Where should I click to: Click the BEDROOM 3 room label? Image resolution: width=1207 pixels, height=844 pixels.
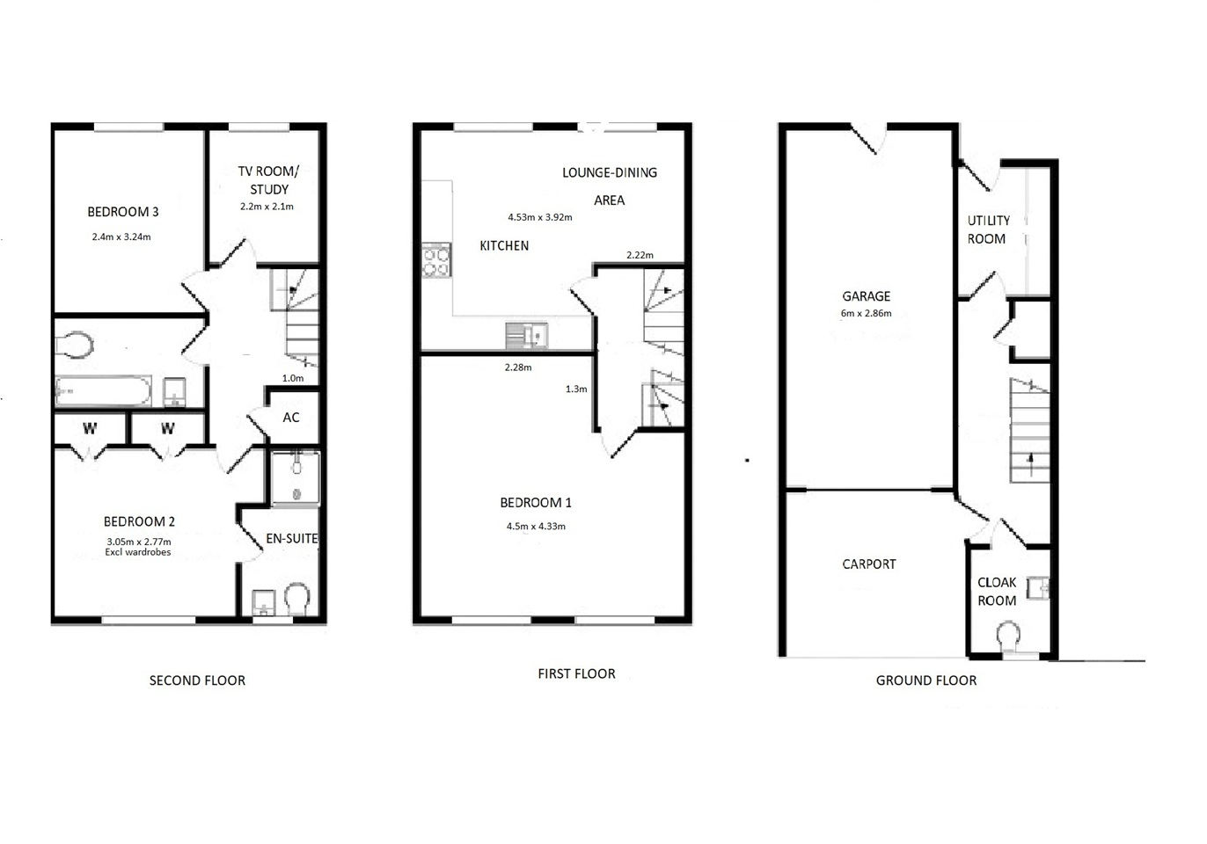pyautogui.click(x=123, y=212)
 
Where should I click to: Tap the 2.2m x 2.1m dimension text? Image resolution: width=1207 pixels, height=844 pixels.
pyautogui.click(x=267, y=207)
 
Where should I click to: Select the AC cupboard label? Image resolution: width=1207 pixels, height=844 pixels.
pyautogui.click(x=291, y=418)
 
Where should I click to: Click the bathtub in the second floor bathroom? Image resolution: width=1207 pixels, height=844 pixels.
pyautogui.click(x=103, y=390)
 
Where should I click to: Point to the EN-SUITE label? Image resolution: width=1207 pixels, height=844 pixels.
pyautogui.click(x=291, y=538)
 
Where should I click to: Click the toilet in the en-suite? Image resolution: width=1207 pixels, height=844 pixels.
pyautogui.click(x=296, y=599)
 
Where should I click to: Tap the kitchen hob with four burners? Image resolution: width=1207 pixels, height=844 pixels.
pyautogui.click(x=436, y=261)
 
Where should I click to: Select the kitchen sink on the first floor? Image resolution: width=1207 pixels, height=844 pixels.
pyautogui.click(x=526, y=336)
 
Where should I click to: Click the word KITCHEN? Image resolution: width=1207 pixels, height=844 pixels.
pyautogui.click(x=504, y=245)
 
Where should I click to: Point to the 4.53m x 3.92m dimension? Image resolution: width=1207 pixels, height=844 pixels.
pyautogui.click(x=540, y=217)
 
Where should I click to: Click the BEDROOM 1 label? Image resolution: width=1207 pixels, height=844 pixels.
pyautogui.click(x=536, y=503)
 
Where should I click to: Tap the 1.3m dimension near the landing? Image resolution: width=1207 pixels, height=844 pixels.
pyautogui.click(x=576, y=389)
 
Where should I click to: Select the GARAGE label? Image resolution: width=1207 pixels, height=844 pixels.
pyautogui.click(x=867, y=295)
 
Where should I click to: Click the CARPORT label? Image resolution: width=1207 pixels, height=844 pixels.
pyautogui.click(x=869, y=564)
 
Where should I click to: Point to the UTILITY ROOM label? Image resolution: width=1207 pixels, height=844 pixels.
pyautogui.click(x=988, y=229)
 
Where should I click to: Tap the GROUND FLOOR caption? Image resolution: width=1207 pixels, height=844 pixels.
pyautogui.click(x=926, y=680)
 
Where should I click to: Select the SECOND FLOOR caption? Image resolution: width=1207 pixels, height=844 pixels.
pyautogui.click(x=197, y=680)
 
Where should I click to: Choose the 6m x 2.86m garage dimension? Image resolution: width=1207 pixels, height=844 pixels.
pyautogui.click(x=866, y=313)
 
